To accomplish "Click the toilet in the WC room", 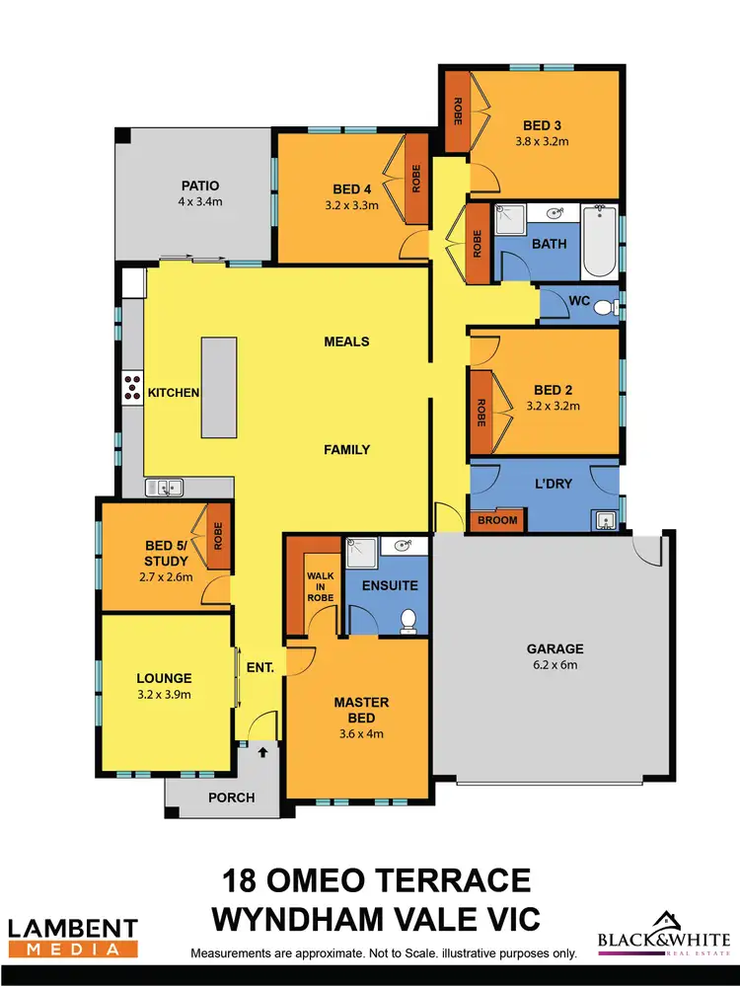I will [x=604, y=308].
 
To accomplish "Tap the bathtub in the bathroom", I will [x=599, y=242].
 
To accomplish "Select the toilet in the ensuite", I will [x=407, y=619].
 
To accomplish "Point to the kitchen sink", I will [x=164, y=487].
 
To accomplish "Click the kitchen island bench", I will [x=220, y=387].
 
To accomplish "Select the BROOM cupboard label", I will [x=496, y=520].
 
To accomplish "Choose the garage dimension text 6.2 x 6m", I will [x=555, y=665].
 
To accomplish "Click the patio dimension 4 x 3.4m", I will [x=199, y=202].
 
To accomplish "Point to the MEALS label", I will [x=346, y=341].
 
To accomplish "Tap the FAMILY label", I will [x=346, y=449].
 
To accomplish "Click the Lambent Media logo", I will [x=72, y=937].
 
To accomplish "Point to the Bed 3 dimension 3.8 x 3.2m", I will [x=542, y=141].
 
